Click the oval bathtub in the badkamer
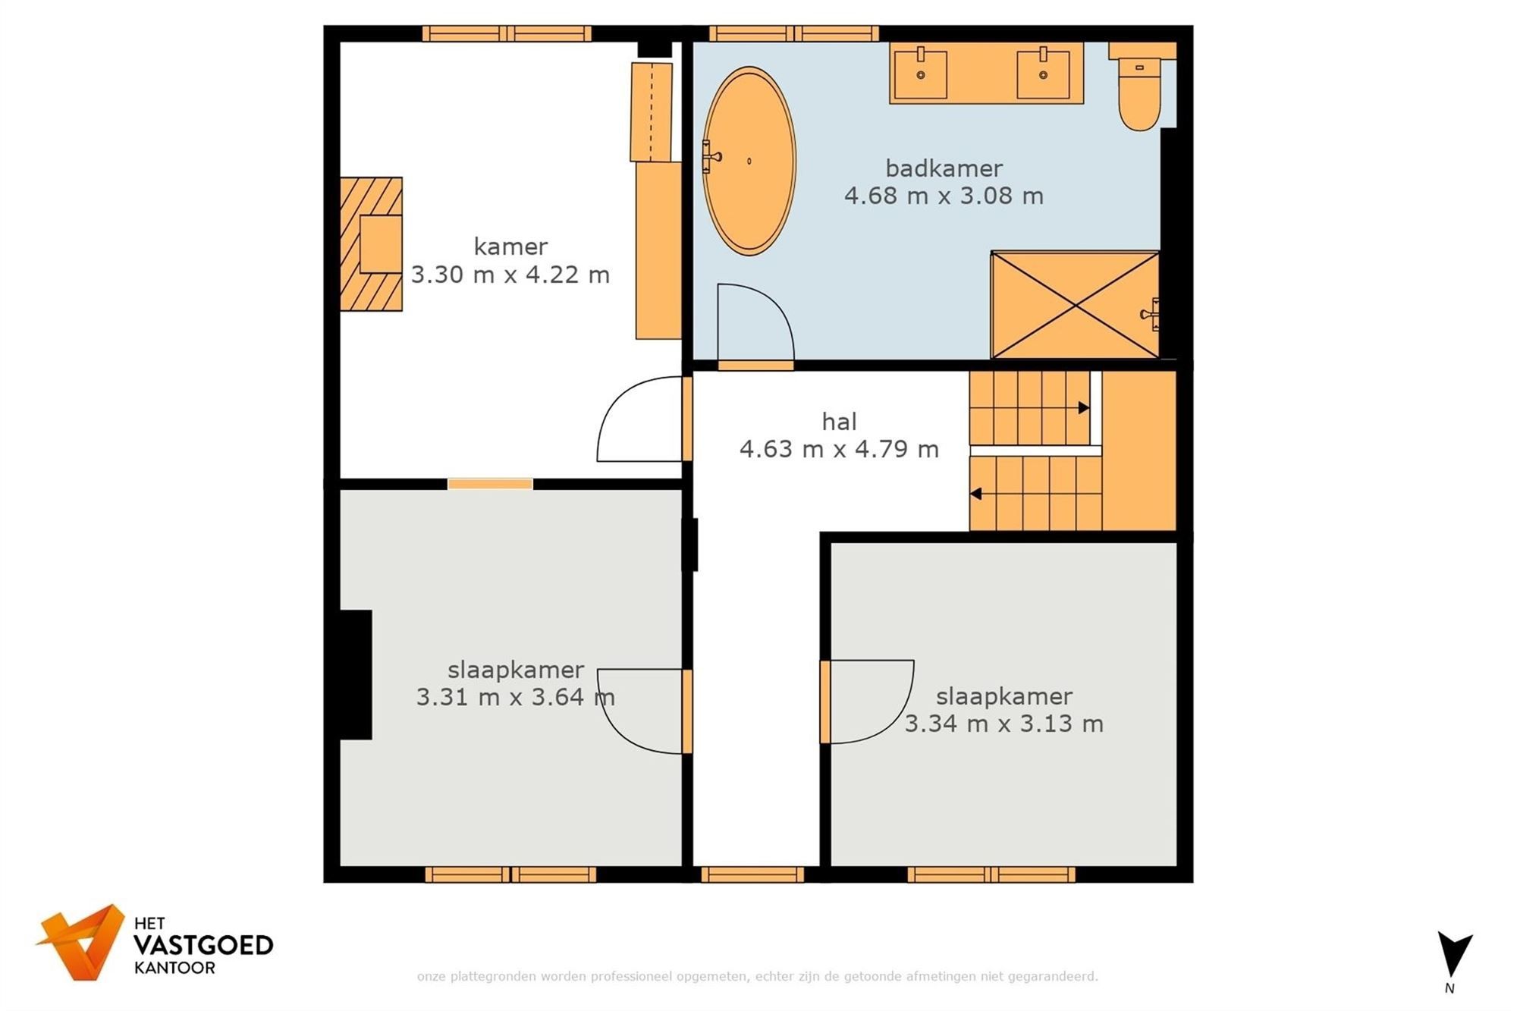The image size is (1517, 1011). [749, 161]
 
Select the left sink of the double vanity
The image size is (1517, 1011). [920, 74]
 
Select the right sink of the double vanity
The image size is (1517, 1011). [1043, 74]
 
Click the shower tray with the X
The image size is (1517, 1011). [1075, 305]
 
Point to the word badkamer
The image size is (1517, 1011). [944, 168]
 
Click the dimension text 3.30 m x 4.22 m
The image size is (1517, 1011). [510, 275]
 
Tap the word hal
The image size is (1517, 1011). [839, 422]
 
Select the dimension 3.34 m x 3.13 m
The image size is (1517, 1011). [1003, 724]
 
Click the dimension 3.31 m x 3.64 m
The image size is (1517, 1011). [515, 697]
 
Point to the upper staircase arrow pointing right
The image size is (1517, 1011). [1084, 408]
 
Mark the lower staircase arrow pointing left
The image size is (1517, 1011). [976, 494]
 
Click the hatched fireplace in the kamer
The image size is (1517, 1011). [370, 244]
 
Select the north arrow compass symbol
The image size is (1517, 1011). [1454, 955]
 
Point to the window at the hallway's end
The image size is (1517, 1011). [752, 875]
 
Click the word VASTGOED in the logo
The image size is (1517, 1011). [203, 946]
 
